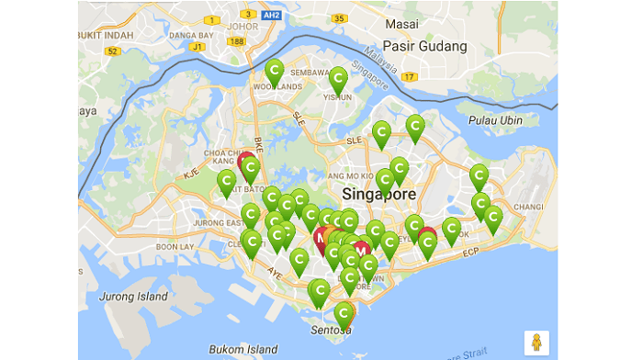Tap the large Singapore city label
click(378, 195)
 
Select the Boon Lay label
click(174, 246)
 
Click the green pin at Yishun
click(338, 78)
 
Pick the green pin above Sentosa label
click(343, 313)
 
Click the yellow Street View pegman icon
click(536, 342)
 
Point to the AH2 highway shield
click(271, 16)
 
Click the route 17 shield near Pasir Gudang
click(409, 76)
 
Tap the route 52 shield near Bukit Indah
click(112, 51)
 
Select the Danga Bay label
click(190, 35)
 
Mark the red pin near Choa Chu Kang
click(245, 163)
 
